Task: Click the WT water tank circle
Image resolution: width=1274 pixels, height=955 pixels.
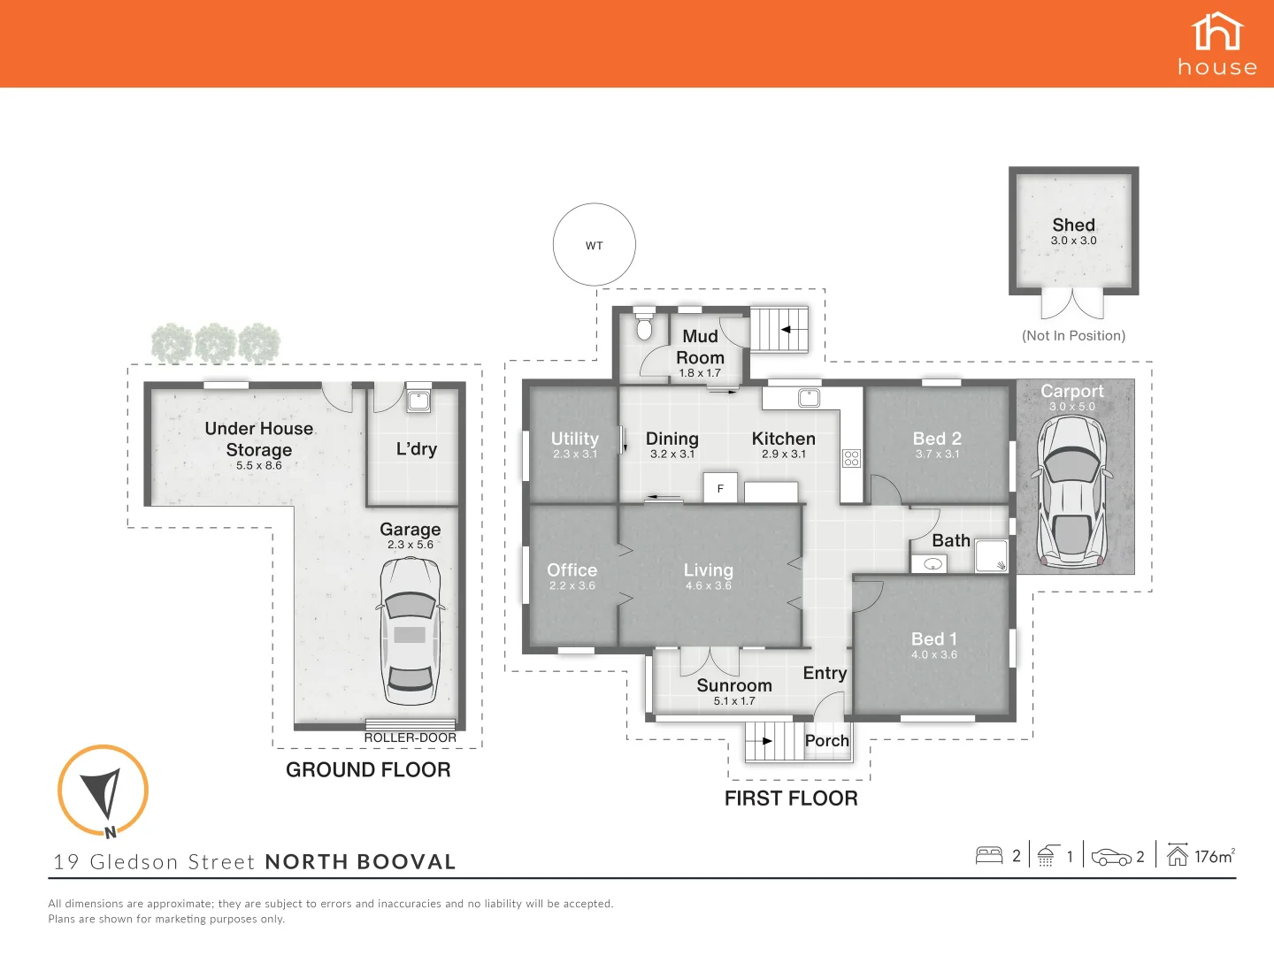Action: click(594, 245)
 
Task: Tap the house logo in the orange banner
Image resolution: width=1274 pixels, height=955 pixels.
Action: click(1217, 43)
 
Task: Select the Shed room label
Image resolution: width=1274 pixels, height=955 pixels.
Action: click(1073, 225)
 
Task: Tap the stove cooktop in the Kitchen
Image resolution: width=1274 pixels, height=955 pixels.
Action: click(851, 458)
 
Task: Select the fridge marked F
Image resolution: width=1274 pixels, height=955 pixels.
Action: click(721, 488)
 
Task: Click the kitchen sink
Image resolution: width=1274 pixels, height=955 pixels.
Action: click(809, 398)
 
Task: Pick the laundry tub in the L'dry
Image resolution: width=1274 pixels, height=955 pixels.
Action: click(418, 400)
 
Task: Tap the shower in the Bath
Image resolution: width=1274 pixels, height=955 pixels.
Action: click(992, 556)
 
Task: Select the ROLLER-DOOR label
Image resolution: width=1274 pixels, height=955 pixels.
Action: click(411, 737)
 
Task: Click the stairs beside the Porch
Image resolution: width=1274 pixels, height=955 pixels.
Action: click(771, 741)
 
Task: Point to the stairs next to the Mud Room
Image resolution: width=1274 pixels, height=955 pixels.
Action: click(779, 330)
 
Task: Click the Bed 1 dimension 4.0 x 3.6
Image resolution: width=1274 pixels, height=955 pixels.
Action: click(934, 655)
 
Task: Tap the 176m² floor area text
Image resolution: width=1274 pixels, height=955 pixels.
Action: click(1214, 856)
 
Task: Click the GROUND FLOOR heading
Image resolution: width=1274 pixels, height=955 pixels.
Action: click(368, 770)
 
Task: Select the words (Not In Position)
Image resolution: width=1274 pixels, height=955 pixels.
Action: click(1073, 336)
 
